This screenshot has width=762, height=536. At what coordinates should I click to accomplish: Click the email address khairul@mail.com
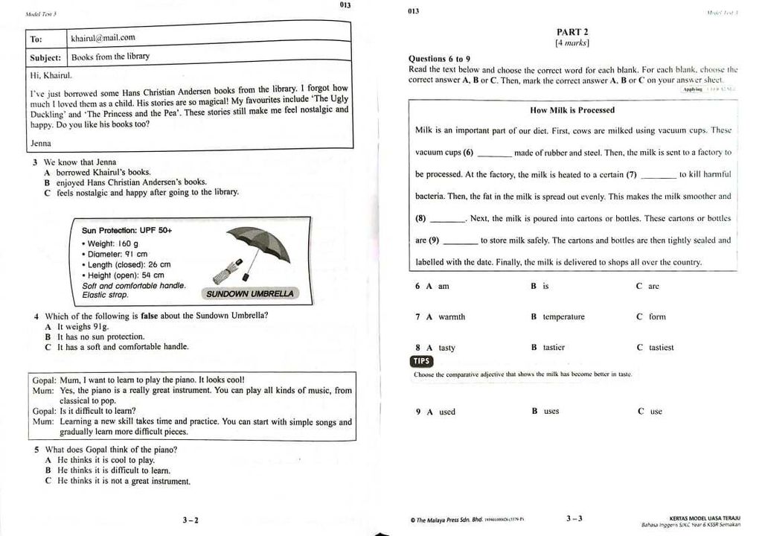click(x=103, y=37)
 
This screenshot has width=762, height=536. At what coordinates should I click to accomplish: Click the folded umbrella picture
click(x=227, y=272)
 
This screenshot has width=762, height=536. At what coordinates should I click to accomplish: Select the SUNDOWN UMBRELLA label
click(x=250, y=293)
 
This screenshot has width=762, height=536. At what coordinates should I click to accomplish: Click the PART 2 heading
click(x=572, y=32)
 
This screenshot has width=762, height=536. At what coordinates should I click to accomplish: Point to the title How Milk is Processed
click(x=572, y=110)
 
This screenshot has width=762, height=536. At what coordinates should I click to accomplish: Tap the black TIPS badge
click(x=421, y=361)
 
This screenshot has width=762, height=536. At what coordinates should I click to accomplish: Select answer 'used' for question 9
click(x=446, y=412)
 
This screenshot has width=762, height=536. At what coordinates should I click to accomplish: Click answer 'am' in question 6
click(x=444, y=287)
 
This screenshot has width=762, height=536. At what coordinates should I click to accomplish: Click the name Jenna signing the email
click(x=41, y=142)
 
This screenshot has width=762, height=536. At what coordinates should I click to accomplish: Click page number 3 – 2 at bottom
click(x=190, y=520)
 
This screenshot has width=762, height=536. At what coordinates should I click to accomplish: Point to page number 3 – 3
click(x=574, y=519)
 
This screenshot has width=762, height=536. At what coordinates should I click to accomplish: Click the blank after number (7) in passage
click(x=658, y=176)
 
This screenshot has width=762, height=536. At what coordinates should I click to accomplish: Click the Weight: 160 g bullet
click(x=113, y=243)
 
